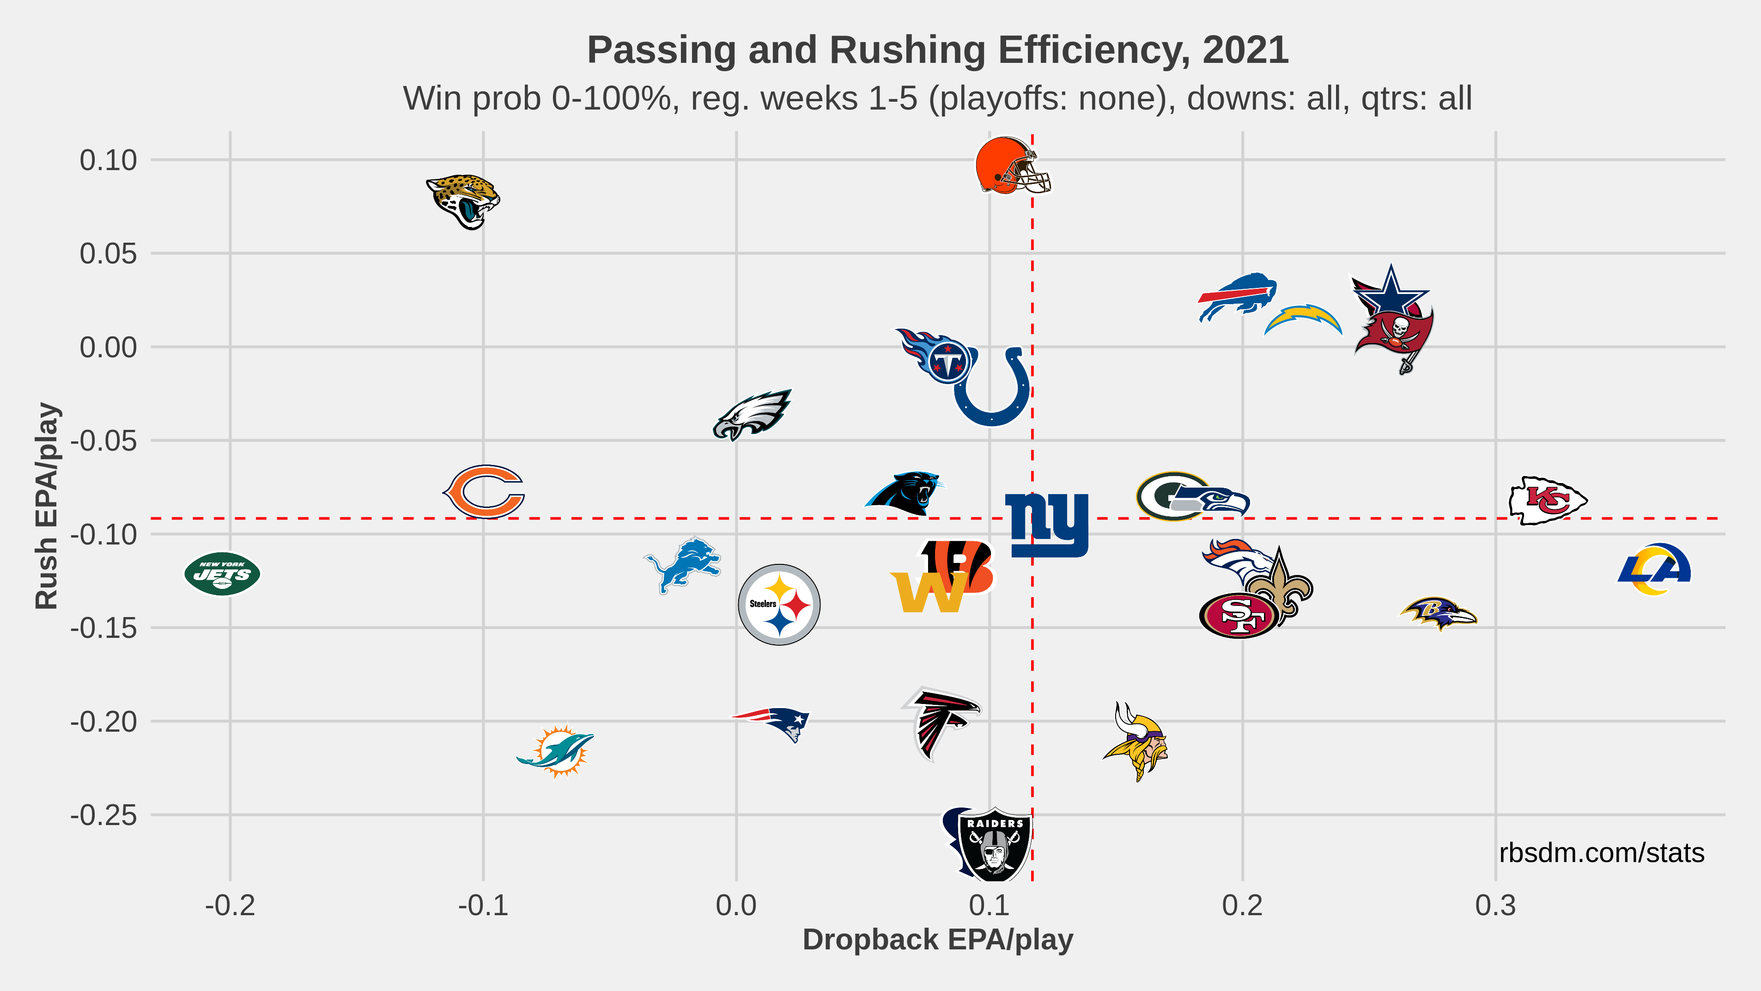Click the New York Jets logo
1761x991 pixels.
click(222, 574)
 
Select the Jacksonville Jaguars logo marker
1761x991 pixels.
click(463, 201)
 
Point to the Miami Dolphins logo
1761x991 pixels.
click(557, 751)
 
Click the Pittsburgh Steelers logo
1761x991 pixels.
click(779, 605)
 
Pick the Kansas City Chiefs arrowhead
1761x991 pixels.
click(1548, 501)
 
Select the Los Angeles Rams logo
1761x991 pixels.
click(1654, 569)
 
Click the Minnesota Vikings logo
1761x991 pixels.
click(1136, 742)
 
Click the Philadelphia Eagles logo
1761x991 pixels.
click(752, 415)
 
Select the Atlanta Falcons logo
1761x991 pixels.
click(941, 722)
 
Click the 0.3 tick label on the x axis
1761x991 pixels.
click(1495, 905)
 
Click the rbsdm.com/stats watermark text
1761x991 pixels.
click(1601, 853)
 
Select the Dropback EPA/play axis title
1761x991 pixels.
click(937, 940)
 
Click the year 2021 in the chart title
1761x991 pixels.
click(1245, 50)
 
